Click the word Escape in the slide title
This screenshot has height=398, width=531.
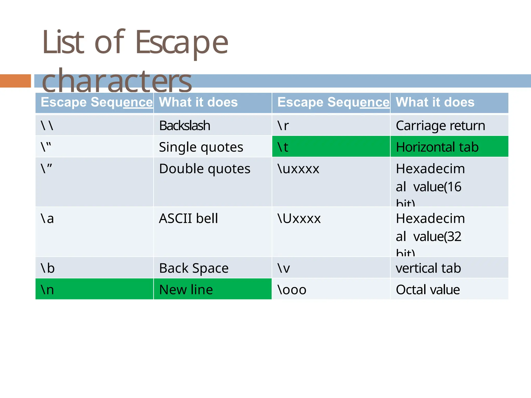pyautogui.click(x=181, y=43)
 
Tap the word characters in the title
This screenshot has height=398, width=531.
pyautogui.click(x=117, y=81)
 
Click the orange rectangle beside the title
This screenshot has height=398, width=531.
pyautogui.click(x=15, y=81)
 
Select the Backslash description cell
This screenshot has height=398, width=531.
pyautogui.click(x=185, y=126)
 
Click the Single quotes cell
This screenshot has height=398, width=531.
pyautogui.click(x=201, y=147)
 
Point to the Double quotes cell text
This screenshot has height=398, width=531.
pyautogui.click(x=205, y=169)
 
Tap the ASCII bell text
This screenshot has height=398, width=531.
pyautogui.click(x=188, y=218)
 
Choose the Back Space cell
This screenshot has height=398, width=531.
pyautogui.click(x=194, y=268)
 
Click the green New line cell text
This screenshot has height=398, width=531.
pyautogui.click(x=186, y=290)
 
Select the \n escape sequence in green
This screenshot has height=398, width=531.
pyautogui.click(x=47, y=290)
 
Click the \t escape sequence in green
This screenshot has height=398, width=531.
pyautogui.click(x=283, y=147)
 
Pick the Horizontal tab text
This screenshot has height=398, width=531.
pyautogui.click(x=437, y=147)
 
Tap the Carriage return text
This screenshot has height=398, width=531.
pyautogui.click(x=440, y=126)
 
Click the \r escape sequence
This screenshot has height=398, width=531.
pyautogui.click(x=283, y=126)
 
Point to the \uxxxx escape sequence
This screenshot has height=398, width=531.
pyautogui.click(x=298, y=169)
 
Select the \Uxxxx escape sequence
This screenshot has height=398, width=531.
pyautogui.click(x=299, y=218)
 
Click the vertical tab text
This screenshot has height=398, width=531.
pyautogui.click(x=428, y=268)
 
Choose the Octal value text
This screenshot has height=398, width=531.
pyautogui.click(x=428, y=290)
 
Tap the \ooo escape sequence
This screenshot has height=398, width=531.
pyautogui.click(x=292, y=290)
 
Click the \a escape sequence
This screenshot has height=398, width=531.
pyautogui.click(x=47, y=218)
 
